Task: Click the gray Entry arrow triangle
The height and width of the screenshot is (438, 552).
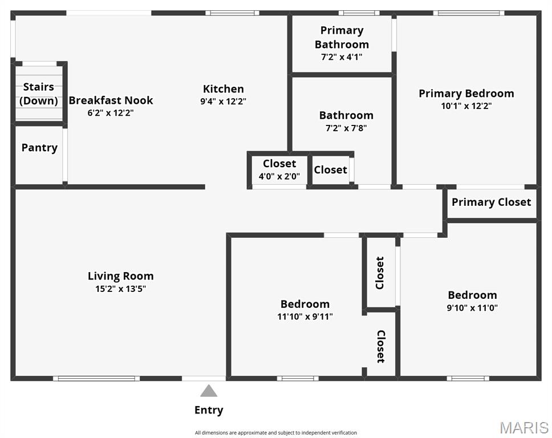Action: click(x=209, y=391)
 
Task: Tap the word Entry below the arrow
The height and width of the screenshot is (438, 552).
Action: click(x=209, y=410)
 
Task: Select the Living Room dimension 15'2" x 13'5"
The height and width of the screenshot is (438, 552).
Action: click(x=120, y=289)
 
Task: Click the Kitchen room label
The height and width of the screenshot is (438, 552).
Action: click(x=223, y=89)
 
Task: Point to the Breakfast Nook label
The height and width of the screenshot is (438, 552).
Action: click(x=111, y=100)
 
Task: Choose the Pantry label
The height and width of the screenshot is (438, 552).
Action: click(x=39, y=148)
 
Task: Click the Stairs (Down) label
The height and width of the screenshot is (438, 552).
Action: click(x=38, y=94)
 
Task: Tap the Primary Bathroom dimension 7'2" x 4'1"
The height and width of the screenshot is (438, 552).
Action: click(x=342, y=57)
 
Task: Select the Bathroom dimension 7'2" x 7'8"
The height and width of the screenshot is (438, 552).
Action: click(x=346, y=128)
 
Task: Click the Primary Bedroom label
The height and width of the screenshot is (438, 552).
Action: click(x=466, y=94)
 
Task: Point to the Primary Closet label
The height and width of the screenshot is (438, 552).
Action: click(x=491, y=202)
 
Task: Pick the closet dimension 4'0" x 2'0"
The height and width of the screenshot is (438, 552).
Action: click(x=279, y=176)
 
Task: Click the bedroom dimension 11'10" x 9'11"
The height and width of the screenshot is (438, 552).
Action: click(x=305, y=317)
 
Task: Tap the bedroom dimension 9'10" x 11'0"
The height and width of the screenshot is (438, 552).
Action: click(x=472, y=308)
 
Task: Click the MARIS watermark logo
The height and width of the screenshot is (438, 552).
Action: click(x=524, y=428)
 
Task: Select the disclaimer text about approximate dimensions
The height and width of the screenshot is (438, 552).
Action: click(x=276, y=433)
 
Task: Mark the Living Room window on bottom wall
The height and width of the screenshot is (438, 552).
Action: click(x=96, y=379)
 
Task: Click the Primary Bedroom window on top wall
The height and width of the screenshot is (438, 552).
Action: click(x=469, y=13)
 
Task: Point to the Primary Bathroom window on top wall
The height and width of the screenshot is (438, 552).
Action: click(x=359, y=13)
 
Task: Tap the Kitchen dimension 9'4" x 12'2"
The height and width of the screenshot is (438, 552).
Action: click(x=223, y=102)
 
